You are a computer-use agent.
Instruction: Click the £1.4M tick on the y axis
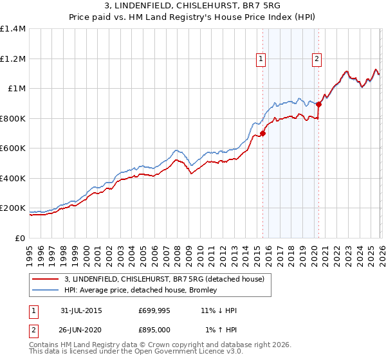pyautogui.click(x=13, y=29)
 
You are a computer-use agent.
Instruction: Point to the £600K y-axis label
pyautogui.click(x=13, y=148)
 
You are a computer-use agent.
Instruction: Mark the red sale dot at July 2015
pyautogui.click(x=262, y=134)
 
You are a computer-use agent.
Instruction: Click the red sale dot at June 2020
pyautogui.click(x=318, y=104)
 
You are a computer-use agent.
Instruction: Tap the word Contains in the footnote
pyautogui.click(x=44, y=345)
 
